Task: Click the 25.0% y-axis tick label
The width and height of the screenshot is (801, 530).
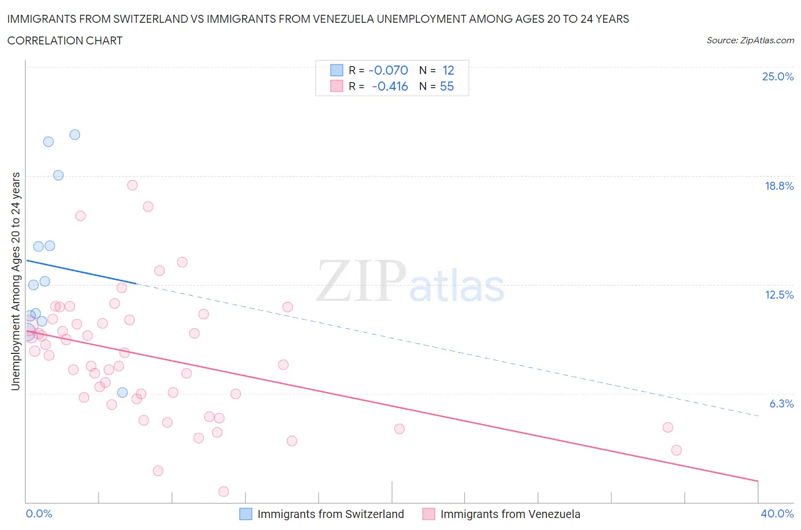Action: [x=778, y=77]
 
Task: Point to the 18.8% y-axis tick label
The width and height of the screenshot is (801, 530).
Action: [x=779, y=186]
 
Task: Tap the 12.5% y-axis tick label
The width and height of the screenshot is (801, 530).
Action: [x=779, y=295]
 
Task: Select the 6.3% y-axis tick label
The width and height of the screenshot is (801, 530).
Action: [x=781, y=403]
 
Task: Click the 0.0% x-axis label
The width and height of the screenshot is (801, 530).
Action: [x=39, y=513]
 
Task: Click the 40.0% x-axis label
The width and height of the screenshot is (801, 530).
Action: [x=777, y=513]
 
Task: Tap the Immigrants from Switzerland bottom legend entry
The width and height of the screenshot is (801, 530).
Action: [x=330, y=514]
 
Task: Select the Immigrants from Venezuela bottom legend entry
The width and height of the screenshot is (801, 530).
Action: [x=510, y=514]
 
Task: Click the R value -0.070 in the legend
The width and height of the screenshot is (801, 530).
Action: [x=389, y=70]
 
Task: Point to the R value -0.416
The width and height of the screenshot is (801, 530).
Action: [x=390, y=86]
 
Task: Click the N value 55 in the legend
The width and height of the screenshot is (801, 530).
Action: [x=447, y=86]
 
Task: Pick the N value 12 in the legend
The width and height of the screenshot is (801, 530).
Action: [x=448, y=70]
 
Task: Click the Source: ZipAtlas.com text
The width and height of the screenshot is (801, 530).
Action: [x=750, y=40]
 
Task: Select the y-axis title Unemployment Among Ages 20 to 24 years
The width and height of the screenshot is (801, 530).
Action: [x=16, y=282]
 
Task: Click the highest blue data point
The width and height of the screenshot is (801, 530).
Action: [x=75, y=135]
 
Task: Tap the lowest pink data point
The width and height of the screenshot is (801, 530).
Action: [x=224, y=491]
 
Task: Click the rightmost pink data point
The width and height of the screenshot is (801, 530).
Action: [x=676, y=450]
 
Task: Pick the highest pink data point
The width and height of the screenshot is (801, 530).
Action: [x=132, y=185]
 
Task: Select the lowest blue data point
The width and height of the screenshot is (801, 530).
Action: [x=122, y=392]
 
